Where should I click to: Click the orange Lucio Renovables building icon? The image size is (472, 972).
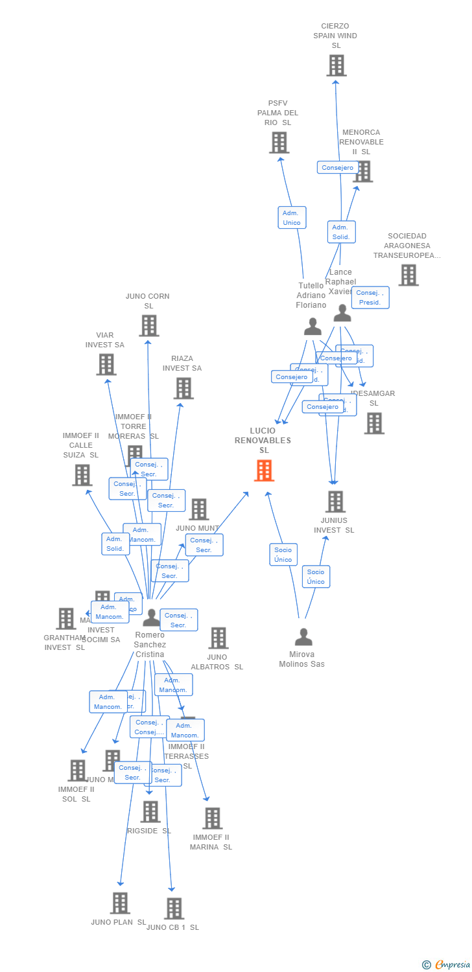264,470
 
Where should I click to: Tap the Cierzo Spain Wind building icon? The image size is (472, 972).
336,65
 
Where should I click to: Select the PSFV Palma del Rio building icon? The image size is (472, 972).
279,142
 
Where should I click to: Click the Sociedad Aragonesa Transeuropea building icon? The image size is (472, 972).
408,275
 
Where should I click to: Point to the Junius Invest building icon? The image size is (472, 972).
335,501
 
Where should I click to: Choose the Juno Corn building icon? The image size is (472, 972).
148,325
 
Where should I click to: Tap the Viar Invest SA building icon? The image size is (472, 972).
106,364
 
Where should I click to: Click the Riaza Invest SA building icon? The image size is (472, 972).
183,388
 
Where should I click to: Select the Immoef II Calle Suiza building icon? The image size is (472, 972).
82,475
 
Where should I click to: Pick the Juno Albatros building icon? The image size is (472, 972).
218,638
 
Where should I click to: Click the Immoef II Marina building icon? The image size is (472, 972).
212,818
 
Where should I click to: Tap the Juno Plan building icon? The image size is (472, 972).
120,903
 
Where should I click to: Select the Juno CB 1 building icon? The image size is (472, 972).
174,908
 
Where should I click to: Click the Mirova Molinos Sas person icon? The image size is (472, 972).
303,638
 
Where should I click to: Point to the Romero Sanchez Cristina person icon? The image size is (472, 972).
151,618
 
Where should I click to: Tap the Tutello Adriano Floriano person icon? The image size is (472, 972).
313,326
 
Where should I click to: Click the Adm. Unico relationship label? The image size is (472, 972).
292,218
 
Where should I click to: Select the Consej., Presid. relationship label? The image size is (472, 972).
370,297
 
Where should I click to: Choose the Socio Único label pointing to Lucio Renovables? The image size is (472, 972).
283,555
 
